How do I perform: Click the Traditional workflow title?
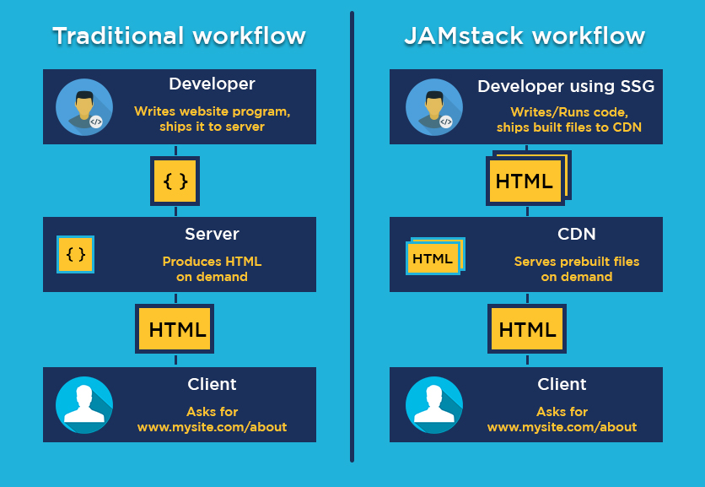pyautogui.click(x=179, y=36)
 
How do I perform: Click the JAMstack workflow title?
pyautogui.click(x=525, y=36)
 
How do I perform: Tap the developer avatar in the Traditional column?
pyautogui.click(x=84, y=107)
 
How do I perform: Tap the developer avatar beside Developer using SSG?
pyautogui.click(x=434, y=107)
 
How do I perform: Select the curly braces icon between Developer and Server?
pyautogui.click(x=175, y=181)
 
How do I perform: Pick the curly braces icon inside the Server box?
pyautogui.click(x=76, y=254)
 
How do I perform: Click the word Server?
pyautogui.click(x=212, y=234)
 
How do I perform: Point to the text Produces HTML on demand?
pyautogui.click(x=212, y=269)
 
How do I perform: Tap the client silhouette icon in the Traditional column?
pyautogui.click(x=84, y=405)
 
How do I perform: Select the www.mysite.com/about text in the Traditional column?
pyautogui.click(x=212, y=427)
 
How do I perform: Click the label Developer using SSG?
pyautogui.click(x=565, y=86)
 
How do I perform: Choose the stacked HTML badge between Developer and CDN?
pyautogui.click(x=526, y=180)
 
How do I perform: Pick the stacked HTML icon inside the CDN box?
pyautogui.click(x=434, y=257)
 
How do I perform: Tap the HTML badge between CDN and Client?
pyautogui.click(x=527, y=329)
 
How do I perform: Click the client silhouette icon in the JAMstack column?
pyautogui.click(x=434, y=405)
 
